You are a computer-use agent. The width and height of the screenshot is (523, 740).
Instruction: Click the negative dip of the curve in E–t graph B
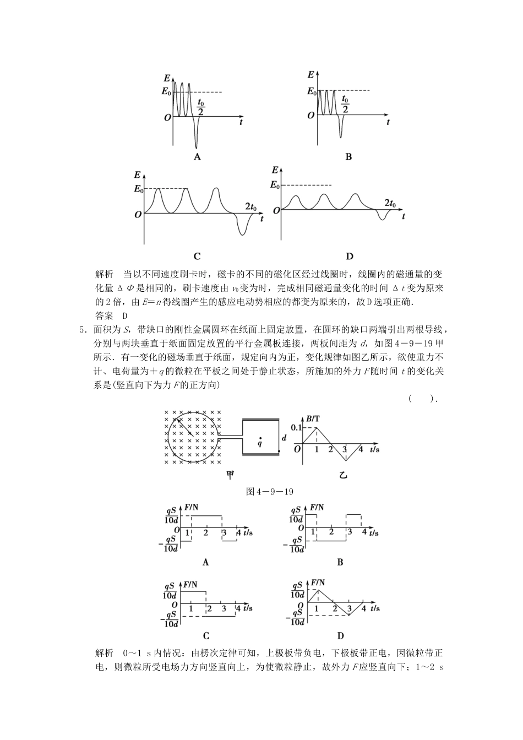click(x=342, y=128)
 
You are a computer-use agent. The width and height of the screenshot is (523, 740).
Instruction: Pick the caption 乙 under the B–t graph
click(x=343, y=475)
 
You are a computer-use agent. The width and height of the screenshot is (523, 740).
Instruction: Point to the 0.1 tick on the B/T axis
click(x=296, y=428)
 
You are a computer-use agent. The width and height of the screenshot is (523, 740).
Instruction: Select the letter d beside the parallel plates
click(x=284, y=438)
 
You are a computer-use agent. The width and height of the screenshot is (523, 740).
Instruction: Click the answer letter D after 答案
click(x=125, y=315)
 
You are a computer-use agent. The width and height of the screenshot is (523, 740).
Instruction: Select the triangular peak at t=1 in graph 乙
click(x=317, y=428)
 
